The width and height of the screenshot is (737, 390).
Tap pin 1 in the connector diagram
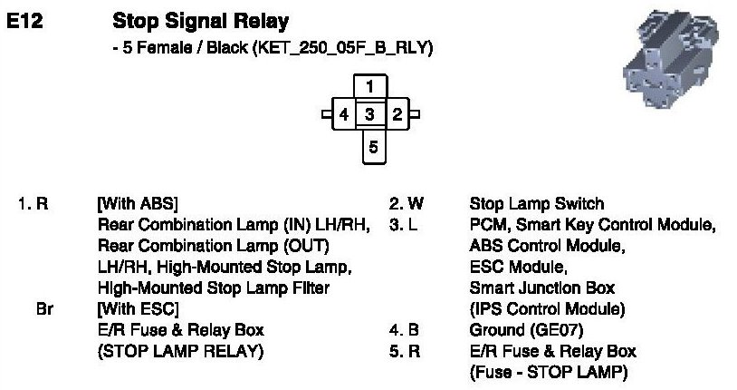370,87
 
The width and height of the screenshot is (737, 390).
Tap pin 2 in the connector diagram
397,115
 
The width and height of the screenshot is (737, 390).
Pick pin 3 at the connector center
370,115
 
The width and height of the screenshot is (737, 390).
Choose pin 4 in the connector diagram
343,115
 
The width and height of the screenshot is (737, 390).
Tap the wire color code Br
44,309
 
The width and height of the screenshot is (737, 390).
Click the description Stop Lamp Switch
536,204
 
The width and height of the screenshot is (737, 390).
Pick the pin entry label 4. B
404,330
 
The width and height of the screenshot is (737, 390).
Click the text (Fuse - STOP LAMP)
548,372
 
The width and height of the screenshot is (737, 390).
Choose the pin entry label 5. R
404,351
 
